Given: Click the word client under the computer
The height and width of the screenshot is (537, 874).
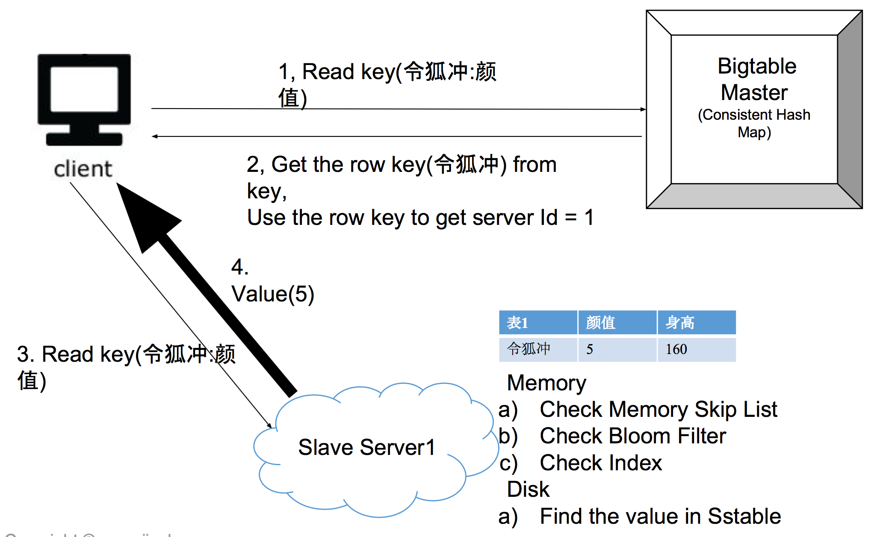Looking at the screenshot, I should click(83, 169).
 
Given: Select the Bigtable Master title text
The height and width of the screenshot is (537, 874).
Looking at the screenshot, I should click(756, 80).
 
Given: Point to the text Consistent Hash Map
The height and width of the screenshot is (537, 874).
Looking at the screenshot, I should click(754, 123).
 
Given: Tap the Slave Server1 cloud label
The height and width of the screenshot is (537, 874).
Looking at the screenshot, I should click(366, 448).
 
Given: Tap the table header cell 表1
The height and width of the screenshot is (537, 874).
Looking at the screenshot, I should click(518, 323).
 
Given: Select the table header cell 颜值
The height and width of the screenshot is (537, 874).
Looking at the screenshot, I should click(601, 323).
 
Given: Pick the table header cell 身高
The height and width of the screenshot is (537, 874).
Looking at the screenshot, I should click(680, 323).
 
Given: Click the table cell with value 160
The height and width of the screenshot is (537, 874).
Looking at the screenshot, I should click(676, 349).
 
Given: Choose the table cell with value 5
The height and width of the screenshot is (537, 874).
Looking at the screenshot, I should click(590, 349).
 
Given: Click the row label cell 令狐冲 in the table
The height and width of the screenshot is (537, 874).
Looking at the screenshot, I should click(529, 349).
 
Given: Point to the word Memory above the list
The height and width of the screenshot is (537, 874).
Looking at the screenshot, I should click(546, 383).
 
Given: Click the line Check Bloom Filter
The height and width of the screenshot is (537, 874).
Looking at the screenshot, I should click(633, 436).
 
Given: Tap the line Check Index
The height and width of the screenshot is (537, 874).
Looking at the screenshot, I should click(601, 463).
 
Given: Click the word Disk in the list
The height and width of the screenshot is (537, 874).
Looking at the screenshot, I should click(528, 489).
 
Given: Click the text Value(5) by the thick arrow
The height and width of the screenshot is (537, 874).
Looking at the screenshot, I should click(273, 294).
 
